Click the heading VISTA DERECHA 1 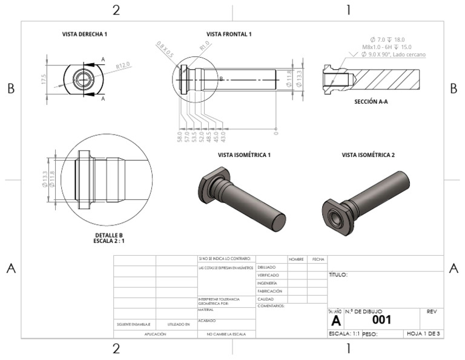[85, 35]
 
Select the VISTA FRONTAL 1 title [229, 35]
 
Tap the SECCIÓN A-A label [371, 102]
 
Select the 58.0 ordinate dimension [179, 136]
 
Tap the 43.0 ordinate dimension [223, 136]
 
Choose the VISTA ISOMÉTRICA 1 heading [244, 155]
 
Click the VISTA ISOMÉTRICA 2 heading [368, 155]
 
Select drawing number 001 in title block [381, 319]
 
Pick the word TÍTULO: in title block [338, 275]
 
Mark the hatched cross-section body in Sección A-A [387, 79]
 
